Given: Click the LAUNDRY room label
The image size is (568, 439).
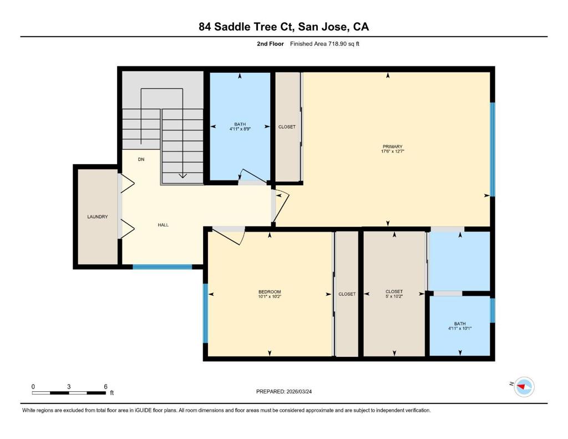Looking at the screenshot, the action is pyautogui.click(x=98, y=217).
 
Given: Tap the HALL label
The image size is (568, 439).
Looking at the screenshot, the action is pyautogui.click(x=163, y=225).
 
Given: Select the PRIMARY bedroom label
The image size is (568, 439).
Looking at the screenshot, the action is pyautogui.click(x=392, y=147).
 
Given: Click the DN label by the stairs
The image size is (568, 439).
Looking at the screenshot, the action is pyautogui.click(x=141, y=159).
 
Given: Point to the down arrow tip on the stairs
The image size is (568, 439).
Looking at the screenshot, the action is pyautogui.click(x=182, y=178).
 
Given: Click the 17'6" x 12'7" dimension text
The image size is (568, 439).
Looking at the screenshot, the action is pyautogui.click(x=392, y=152).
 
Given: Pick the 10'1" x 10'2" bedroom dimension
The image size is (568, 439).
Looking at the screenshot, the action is pyautogui.click(x=270, y=296).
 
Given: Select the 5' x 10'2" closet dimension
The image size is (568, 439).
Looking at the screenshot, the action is pyautogui.click(x=394, y=296).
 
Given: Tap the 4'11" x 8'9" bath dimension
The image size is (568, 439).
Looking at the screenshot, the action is pyautogui.click(x=240, y=129).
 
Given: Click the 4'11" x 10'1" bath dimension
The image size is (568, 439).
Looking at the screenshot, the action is pyautogui.click(x=460, y=329).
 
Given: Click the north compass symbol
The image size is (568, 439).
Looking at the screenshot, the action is pyautogui.click(x=524, y=386).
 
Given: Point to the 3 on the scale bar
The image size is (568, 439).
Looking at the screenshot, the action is pyautogui.click(x=69, y=387).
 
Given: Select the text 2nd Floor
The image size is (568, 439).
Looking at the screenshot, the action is pyautogui.click(x=270, y=44).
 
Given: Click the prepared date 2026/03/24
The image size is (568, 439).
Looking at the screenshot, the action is pyautogui.click(x=299, y=391).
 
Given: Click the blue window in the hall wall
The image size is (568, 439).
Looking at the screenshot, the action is pyautogui.click(x=162, y=267).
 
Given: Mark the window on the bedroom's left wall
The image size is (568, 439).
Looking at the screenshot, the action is pyautogui.click(x=205, y=313).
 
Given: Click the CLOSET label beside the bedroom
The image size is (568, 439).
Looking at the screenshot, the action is pyautogui.click(x=347, y=294).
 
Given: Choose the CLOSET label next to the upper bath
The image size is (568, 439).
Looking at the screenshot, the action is pyautogui.click(x=287, y=127).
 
